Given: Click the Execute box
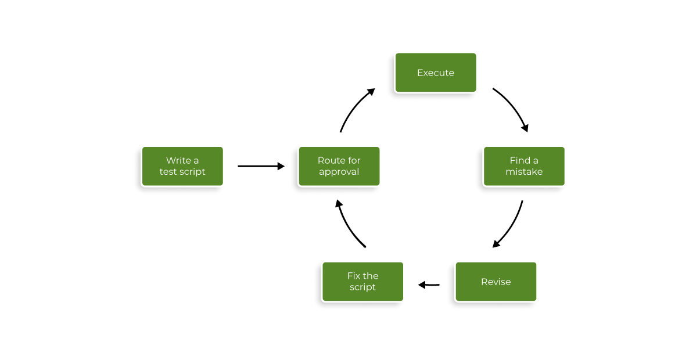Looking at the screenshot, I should pos(435,73).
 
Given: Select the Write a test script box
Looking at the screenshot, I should pos(182,166).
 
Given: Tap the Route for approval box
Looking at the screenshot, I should pos(339,166).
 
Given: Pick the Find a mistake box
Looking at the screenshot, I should pos(523,166).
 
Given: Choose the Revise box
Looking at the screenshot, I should pos(496,282).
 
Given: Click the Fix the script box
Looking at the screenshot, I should pos(362,282).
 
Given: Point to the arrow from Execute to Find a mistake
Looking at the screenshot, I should pos(514,107).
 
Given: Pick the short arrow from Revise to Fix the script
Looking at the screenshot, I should pos(429,285).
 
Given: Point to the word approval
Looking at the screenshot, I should pos(339,172).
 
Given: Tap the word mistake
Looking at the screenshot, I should pos(523,172).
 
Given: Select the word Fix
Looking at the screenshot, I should pos(354,276).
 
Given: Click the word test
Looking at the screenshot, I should pos(168,172).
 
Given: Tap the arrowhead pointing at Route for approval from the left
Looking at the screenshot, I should pos(281,166).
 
